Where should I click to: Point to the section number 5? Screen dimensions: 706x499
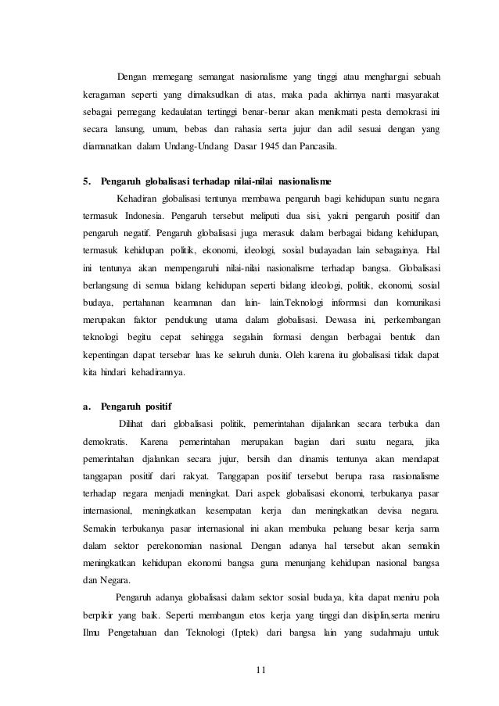(87, 182)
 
